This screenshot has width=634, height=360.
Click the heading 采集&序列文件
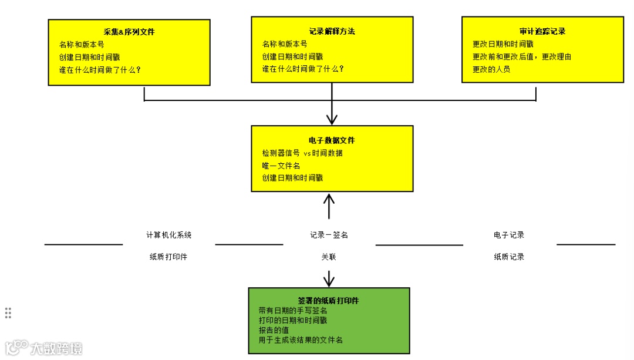pyautogui.click(x=129, y=32)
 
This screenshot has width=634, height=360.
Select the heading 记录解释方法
pyautogui.click(x=332, y=31)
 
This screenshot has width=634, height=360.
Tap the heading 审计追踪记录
pyautogui.click(x=542, y=31)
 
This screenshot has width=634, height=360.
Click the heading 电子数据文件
pyautogui.click(x=332, y=140)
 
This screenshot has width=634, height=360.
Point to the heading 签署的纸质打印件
pyautogui.click(x=328, y=301)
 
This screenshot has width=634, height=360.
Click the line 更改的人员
pyautogui.click(x=491, y=69)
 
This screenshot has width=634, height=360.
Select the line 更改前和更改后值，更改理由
pyautogui.click(x=522, y=56)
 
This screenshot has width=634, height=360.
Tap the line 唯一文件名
pyautogui.click(x=281, y=166)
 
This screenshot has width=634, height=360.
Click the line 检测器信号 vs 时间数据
pyautogui.click(x=302, y=153)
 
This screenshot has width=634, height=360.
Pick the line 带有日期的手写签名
pyautogui.click(x=293, y=310)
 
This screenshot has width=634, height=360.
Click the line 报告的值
pyautogui.click(x=274, y=329)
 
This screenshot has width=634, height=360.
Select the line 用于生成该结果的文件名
pyautogui.click(x=301, y=339)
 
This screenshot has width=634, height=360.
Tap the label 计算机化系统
pyautogui.click(x=169, y=235)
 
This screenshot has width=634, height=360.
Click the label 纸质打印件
pyautogui.click(x=168, y=257)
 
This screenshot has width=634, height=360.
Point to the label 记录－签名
pyautogui.click(x=329, y=235)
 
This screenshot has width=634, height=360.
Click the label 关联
pyautogui.click(x=329, y=257)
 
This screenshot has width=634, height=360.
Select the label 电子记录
pyautogui.click(x=509, y=235)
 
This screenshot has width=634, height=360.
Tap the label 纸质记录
pyautogui.click(x=509, y=257)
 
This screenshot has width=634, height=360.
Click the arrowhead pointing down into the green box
pyautogui.click(x=329, y=281)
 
